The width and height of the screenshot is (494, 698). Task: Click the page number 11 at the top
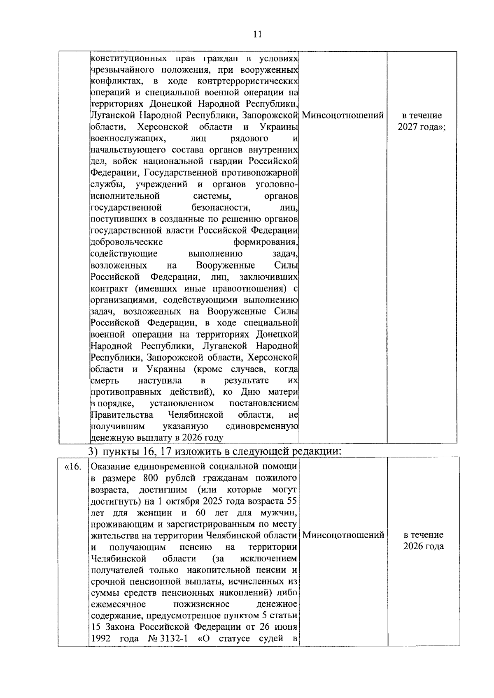tap(258, 35)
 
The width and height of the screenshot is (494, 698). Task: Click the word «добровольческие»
tap(127, 242)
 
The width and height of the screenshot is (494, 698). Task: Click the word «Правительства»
tap(122, 415)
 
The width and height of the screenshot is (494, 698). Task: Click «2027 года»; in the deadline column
tap(422, 127)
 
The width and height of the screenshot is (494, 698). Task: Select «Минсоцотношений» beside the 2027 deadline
tap(343, 116)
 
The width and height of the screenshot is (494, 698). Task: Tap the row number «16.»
tap(73, 467)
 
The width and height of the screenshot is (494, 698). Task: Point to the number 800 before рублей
tap(151, 478)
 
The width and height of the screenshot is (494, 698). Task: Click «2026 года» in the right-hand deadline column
tap(424, 547)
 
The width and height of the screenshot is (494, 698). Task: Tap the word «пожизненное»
tap(201, 604)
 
